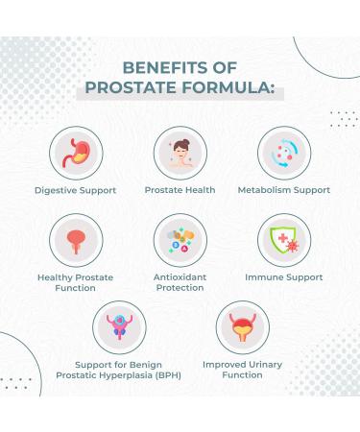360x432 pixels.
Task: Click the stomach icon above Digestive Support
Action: (75, 152)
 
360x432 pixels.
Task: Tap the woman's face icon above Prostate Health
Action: (180, 152)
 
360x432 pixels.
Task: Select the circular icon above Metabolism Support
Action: (284, 152)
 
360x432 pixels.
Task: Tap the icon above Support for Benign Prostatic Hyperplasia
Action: (128, 328)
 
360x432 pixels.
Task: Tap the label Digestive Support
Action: (75, 190)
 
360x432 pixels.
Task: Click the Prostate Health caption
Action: (180, 190)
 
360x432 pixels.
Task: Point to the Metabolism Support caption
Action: (284, 190)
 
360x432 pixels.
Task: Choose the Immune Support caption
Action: (284, 277)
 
